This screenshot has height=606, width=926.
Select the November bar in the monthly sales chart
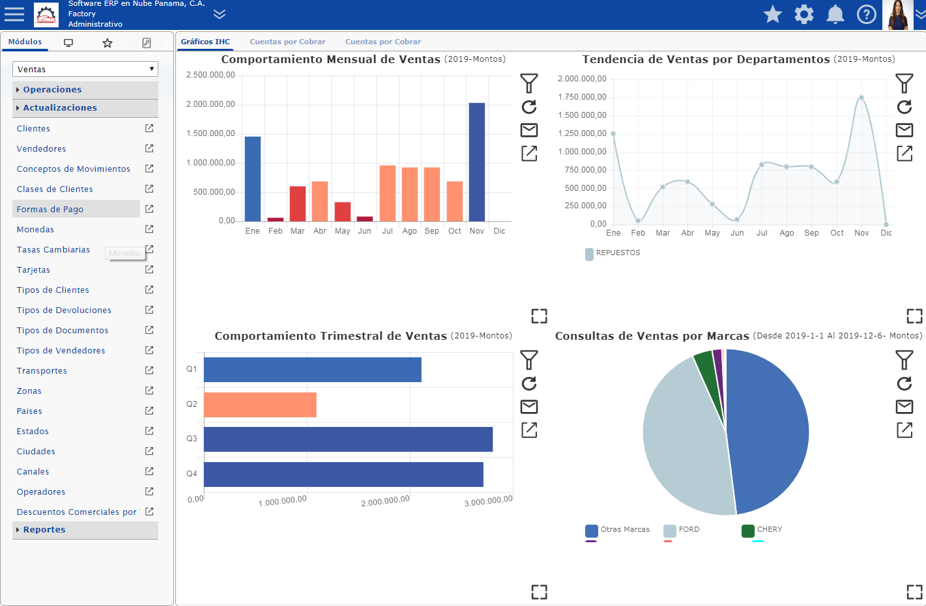point(476,162)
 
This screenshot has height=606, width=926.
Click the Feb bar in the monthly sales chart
point(275,219)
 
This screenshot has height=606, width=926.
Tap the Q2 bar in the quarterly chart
point(260,405)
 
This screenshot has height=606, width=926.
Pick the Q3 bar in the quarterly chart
point(348,439)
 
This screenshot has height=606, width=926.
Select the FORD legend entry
point(682,530)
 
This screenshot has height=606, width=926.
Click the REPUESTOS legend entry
point(613,253)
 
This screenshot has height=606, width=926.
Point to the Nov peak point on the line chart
point(861,98)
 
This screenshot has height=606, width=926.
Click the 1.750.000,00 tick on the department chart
point(582,97)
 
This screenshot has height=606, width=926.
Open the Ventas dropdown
point(85,69)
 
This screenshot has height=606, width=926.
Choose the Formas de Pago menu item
point(50,210)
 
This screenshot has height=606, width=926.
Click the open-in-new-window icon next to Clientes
point(149,128)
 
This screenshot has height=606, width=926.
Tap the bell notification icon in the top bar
point(835,15)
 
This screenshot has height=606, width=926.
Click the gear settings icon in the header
point(804,15)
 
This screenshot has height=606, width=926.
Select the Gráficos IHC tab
point(205,42)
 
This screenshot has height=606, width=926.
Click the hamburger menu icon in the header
point(14,14)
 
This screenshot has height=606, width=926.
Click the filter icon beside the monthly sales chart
point(529,83)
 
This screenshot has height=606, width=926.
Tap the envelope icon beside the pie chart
point(904,407)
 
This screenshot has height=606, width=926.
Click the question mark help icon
point(867,15)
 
